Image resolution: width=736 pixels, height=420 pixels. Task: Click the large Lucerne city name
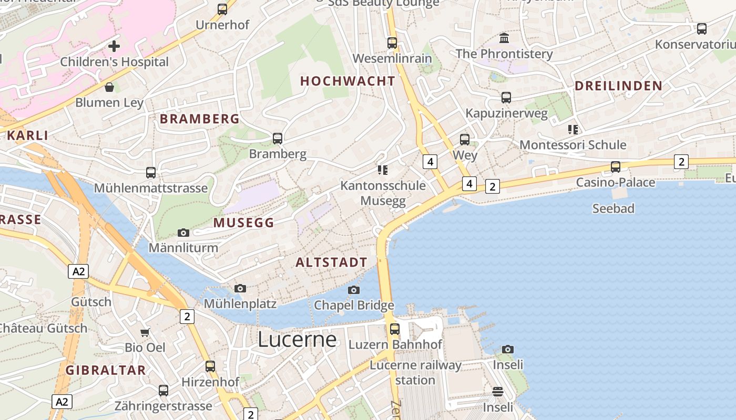[x=297, y=340]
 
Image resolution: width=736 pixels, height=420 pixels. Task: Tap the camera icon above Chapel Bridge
[x=354, y=290]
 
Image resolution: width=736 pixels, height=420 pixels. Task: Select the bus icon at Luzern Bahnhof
[x=394, y=329]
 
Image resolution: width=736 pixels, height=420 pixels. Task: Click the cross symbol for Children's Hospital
[x=114, y=46]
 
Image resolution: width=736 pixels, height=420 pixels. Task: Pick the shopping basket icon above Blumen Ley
[x=109, y=87]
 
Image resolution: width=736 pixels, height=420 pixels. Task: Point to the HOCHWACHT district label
[x=347, y=81]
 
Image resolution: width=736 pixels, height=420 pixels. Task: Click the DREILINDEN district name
[x=618, y=86]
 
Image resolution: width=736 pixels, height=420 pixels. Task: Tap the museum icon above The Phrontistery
[x=504, y=38]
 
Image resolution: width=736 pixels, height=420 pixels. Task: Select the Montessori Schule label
[x=573, y=145]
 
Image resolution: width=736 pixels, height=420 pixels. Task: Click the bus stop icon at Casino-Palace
[x=615, y=167]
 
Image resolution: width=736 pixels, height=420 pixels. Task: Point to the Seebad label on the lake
[x=613, y=208]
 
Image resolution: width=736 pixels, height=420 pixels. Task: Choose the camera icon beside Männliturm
[x=183, y=233]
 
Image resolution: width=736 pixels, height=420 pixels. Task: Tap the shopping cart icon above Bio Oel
[x=145, y=332]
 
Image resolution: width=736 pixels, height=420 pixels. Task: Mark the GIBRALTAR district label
[x=106, y=370]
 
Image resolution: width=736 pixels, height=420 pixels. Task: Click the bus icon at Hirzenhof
[x=210, y=366]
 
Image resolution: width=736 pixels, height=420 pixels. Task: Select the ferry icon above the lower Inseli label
[x=497, y=392]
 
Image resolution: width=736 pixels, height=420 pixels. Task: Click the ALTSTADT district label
[x=331, y=262]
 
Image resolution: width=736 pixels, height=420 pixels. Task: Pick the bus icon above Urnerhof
[x=222, y=9]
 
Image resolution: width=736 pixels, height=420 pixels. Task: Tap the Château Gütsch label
[x=43, y=329]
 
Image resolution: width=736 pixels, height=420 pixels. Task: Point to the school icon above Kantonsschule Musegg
[x=382, y=170]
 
